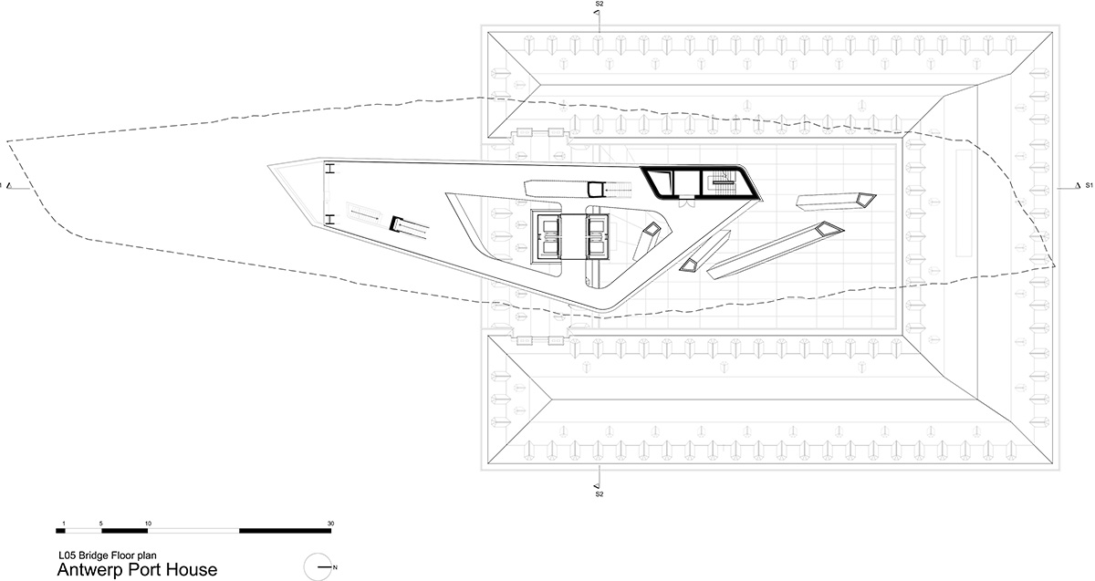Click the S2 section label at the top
pos(600,4)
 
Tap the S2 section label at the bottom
pos(600,494)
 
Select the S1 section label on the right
pos(1089,185)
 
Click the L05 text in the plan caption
pos(67,555)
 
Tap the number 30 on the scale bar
pos(330,524)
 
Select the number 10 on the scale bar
pos(148,524)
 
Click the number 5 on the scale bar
pos(101,524)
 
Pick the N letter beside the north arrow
pos(335,567)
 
